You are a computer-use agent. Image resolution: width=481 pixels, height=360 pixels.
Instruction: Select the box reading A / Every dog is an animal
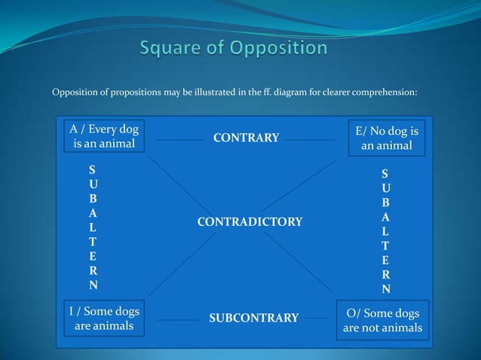coord(104,136)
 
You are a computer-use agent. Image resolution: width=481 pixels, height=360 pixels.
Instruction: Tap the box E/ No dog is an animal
coord(386,138)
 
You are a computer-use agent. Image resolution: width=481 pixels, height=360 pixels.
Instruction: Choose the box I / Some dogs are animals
coord(104,319)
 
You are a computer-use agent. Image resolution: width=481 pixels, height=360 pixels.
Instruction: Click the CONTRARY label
coord(246,138)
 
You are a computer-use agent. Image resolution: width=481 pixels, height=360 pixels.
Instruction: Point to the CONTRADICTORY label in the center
coord(250,221)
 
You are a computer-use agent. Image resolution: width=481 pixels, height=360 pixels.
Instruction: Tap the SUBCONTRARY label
coord(253,318)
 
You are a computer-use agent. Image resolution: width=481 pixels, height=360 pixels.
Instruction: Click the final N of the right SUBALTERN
coord(386,289)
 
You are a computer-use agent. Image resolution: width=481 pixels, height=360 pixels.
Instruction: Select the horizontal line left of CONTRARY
coord(179,139)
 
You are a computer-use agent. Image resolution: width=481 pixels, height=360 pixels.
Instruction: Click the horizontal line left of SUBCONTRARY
coord(179,320)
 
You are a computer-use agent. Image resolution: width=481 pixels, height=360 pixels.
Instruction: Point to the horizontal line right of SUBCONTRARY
coord(317,320)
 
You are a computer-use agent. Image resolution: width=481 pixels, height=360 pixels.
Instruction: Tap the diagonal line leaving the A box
coord(177,185)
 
